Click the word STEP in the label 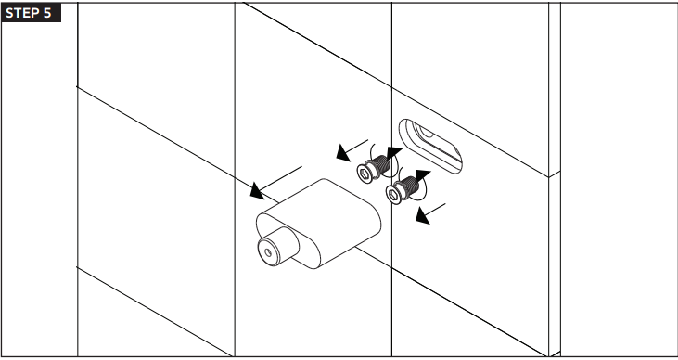[21, 13]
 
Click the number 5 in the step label [47, 13]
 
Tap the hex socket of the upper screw [365, 174]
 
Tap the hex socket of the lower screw [393, 195]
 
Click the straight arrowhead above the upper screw [343, 153]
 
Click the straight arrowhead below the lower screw [423, 216]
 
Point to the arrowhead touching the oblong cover [257, 191]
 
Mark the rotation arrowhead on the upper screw [393, 153]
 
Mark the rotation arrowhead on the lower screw [422, 175]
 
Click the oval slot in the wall [430, 147]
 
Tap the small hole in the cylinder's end [268, 252]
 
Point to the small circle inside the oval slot [426, 132]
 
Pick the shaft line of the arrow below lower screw [435, 209]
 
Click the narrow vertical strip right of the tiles [555, 180]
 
